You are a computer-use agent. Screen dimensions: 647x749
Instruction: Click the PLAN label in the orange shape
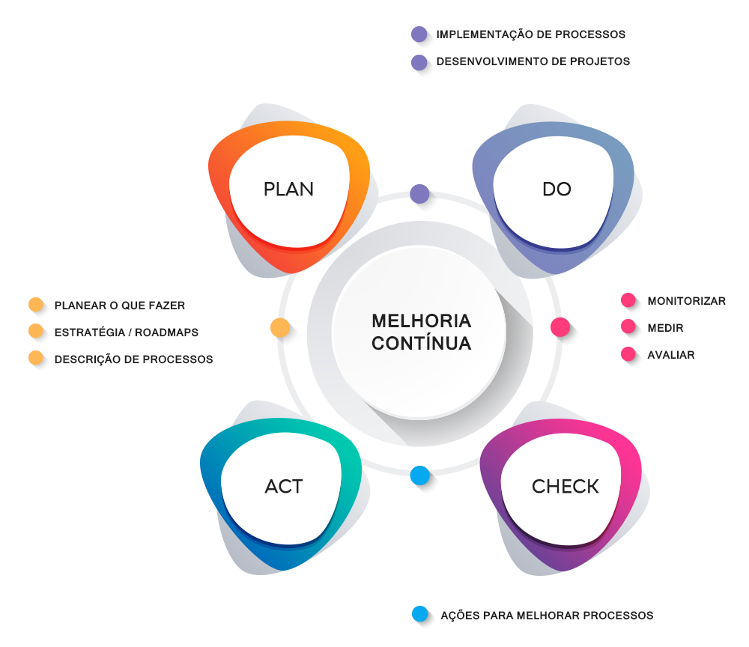(288, 189)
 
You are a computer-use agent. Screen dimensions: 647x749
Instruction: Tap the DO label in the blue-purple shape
(557, 189)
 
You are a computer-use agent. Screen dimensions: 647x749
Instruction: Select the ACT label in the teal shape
(284, 487)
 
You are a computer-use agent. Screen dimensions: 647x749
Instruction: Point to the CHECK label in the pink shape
(565, 487)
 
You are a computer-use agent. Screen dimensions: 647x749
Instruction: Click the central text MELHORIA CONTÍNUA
(422, 332)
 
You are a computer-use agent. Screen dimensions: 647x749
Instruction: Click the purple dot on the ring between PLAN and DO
(419, 194)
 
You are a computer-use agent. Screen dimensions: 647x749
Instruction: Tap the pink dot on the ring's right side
(560, 327)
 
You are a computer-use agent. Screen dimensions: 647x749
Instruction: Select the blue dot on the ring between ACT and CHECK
(420, 475)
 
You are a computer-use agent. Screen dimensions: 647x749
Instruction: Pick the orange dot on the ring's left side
(280, 328)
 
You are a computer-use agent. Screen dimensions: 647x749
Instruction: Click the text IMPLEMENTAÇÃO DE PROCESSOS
(530, 34)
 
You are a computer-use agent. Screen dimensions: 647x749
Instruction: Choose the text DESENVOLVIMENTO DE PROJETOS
(533, 61)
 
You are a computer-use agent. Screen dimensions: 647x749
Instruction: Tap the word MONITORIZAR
(686, 301)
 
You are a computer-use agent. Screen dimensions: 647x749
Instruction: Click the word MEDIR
(665, 328)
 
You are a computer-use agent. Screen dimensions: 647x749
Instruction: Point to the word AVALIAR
(670, 355)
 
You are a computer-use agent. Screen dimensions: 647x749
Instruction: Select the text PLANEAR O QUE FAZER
(120, 306)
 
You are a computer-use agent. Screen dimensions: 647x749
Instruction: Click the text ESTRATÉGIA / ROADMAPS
(127, 332)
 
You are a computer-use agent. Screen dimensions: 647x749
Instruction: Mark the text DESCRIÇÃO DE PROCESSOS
(133, 359)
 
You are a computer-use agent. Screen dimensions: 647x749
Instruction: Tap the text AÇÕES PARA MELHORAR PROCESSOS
(547, 616)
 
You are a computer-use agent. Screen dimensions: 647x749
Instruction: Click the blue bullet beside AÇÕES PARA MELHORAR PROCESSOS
(420, 615)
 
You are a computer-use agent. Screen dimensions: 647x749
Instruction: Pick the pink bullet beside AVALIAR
(628, 355)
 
